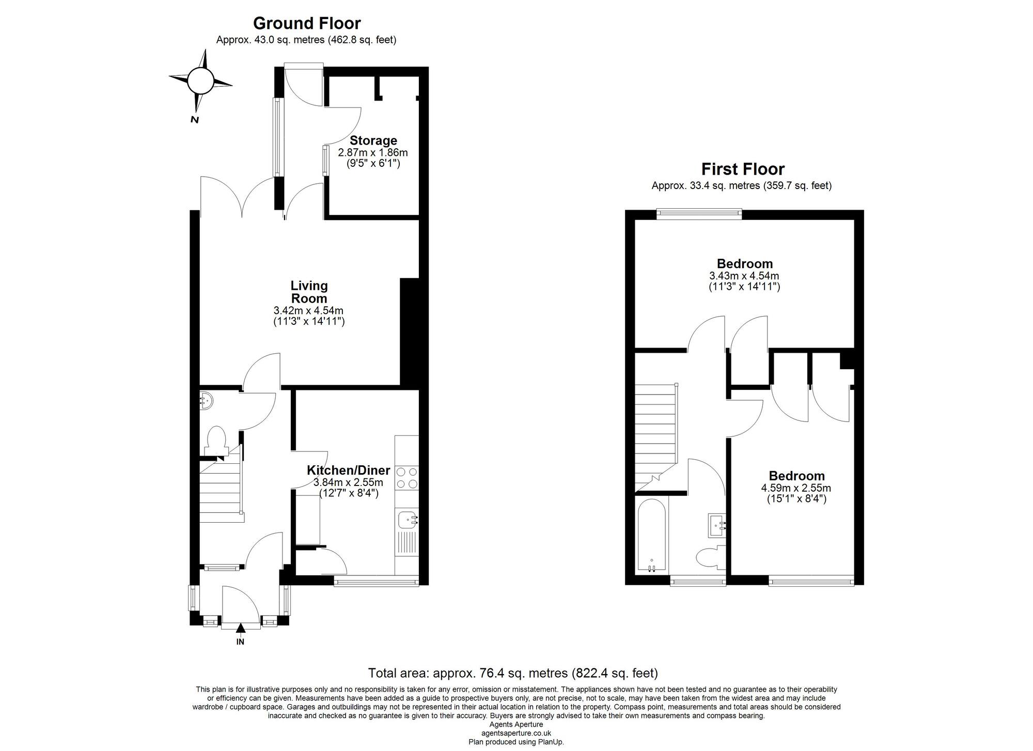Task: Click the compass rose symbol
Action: pyautogui.click(x=200, y=81)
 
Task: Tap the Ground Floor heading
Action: pyautogui.click(x=306, y=23)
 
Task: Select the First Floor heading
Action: pyautogui.click(x=742, y=169)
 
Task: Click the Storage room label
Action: pyautogui.click(x=373, y=140)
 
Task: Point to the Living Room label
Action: pyautogui.click(x=309, y=292)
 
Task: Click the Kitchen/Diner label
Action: pyautogui.click(x=348, y=470)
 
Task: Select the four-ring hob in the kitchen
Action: pyautogui.click(x=406, y=478)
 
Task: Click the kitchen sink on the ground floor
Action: pyautogui.click(x=408, y=519)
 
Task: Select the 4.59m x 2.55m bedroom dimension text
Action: pyautogui.click(x=795, y=488)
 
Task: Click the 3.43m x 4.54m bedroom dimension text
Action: pyautogui.click(x=744, y=276)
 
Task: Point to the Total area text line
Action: pyautogui.click(x=512, y=673)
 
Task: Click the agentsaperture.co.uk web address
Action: pyautogui.click(x=515, y=733)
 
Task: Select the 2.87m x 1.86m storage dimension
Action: pyautogui.click(x=372, y=153)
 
